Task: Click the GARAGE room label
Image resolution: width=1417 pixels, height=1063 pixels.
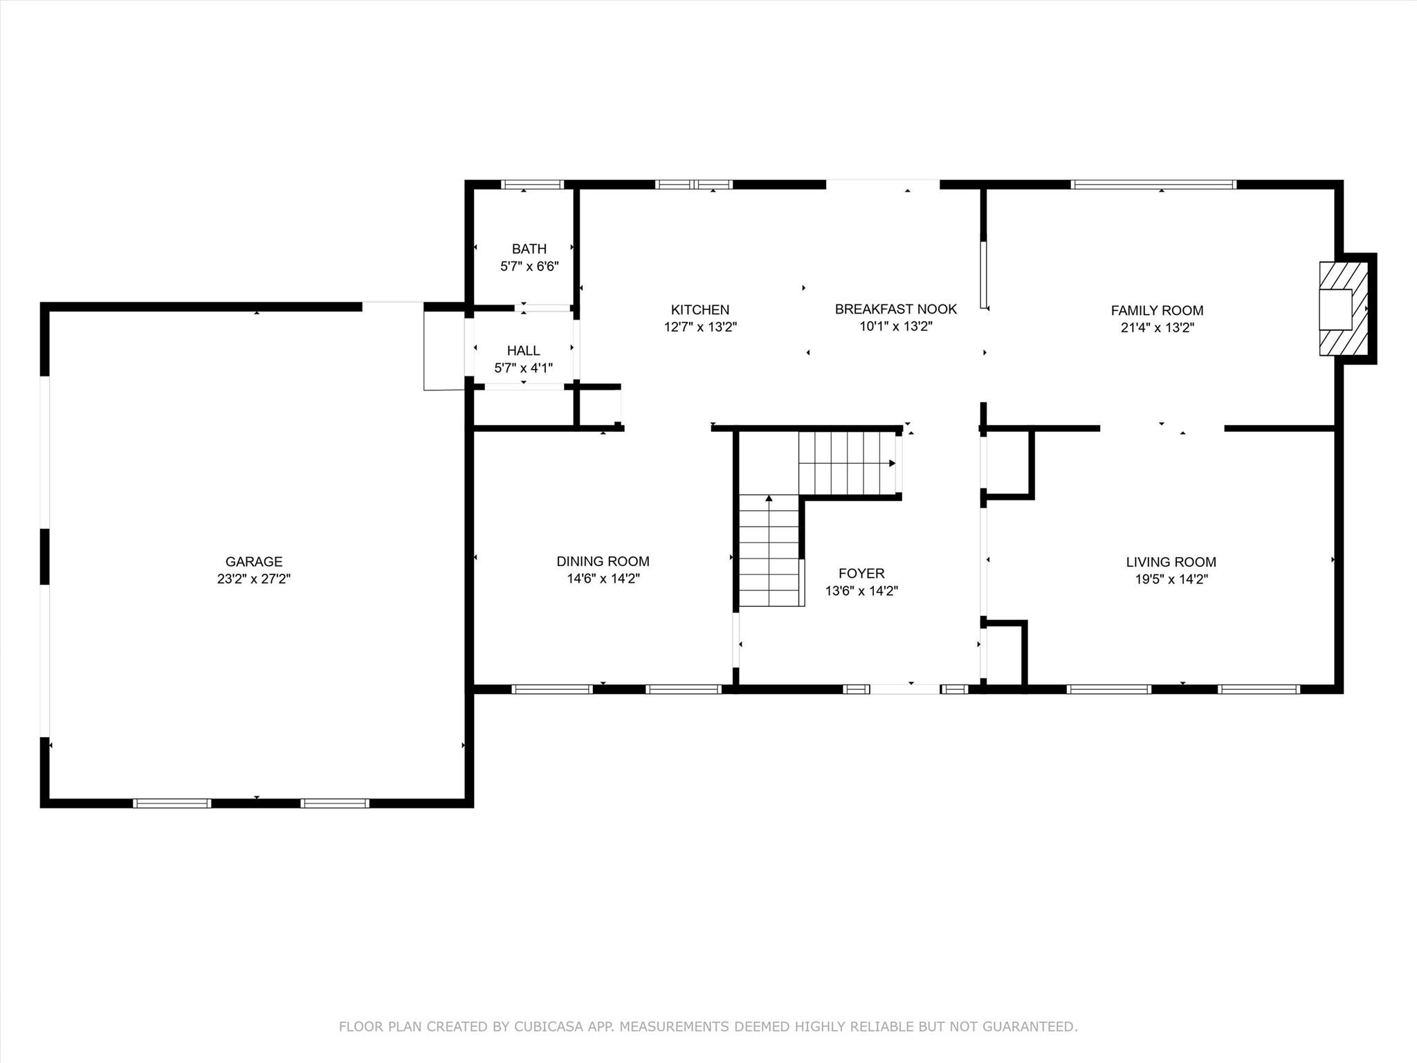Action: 254,561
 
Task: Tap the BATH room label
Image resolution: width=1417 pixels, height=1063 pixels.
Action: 529,248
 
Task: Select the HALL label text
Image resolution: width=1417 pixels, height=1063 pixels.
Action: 524,350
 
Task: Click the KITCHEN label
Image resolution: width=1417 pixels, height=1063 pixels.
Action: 700,309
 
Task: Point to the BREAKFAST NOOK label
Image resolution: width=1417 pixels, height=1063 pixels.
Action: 896,309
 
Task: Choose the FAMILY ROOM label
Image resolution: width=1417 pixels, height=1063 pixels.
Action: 1158,310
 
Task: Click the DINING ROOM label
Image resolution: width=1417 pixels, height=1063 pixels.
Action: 603,561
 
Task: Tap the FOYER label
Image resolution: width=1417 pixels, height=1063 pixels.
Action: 861,573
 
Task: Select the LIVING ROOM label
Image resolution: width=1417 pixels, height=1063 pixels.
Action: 1171,562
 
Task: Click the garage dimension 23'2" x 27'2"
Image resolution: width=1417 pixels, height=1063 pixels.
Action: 254,579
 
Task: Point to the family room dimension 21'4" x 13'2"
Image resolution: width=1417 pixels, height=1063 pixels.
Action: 1158,328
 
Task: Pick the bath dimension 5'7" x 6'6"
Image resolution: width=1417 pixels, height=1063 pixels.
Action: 529,266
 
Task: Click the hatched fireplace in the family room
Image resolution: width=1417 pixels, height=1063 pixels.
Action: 1344,309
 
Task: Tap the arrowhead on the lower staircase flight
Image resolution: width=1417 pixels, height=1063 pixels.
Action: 769,498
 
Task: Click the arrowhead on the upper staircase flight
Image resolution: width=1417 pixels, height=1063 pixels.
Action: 893,463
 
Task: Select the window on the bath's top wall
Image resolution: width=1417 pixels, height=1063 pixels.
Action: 532,184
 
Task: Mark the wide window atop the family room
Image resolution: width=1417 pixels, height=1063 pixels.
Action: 1153,184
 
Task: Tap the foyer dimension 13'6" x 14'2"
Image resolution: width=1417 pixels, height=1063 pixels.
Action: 861,591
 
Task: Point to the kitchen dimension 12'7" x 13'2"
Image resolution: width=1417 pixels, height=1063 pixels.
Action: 700,327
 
